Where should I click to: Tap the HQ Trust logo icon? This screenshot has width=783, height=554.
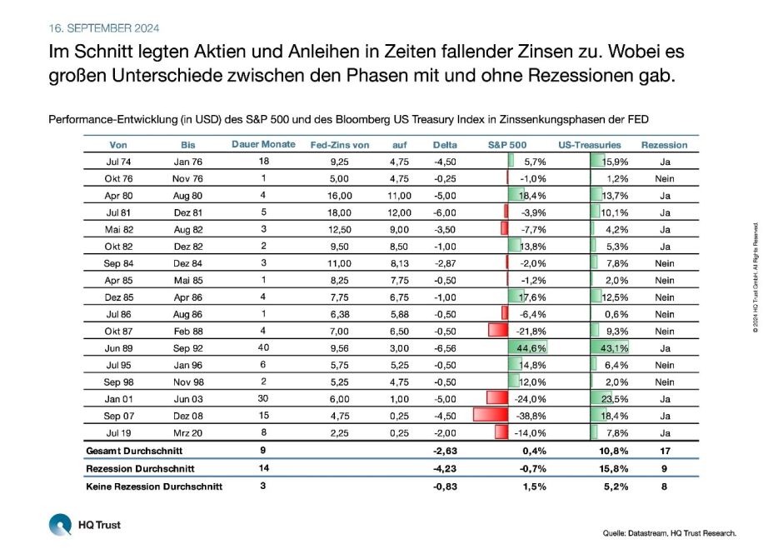click(x=61, y=526)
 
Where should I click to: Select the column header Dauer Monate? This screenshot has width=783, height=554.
click(x=262, y=144)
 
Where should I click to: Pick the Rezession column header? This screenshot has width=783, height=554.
click(x=664, y=145)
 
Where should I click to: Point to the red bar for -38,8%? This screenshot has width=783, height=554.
click(x=489, y=415)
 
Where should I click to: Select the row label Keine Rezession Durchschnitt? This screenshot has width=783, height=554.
click(x=153, y=487)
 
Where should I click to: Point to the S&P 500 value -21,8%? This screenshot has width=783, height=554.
click(x=529, y=331)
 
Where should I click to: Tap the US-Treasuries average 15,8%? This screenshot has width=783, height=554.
click(x=615, y=469)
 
